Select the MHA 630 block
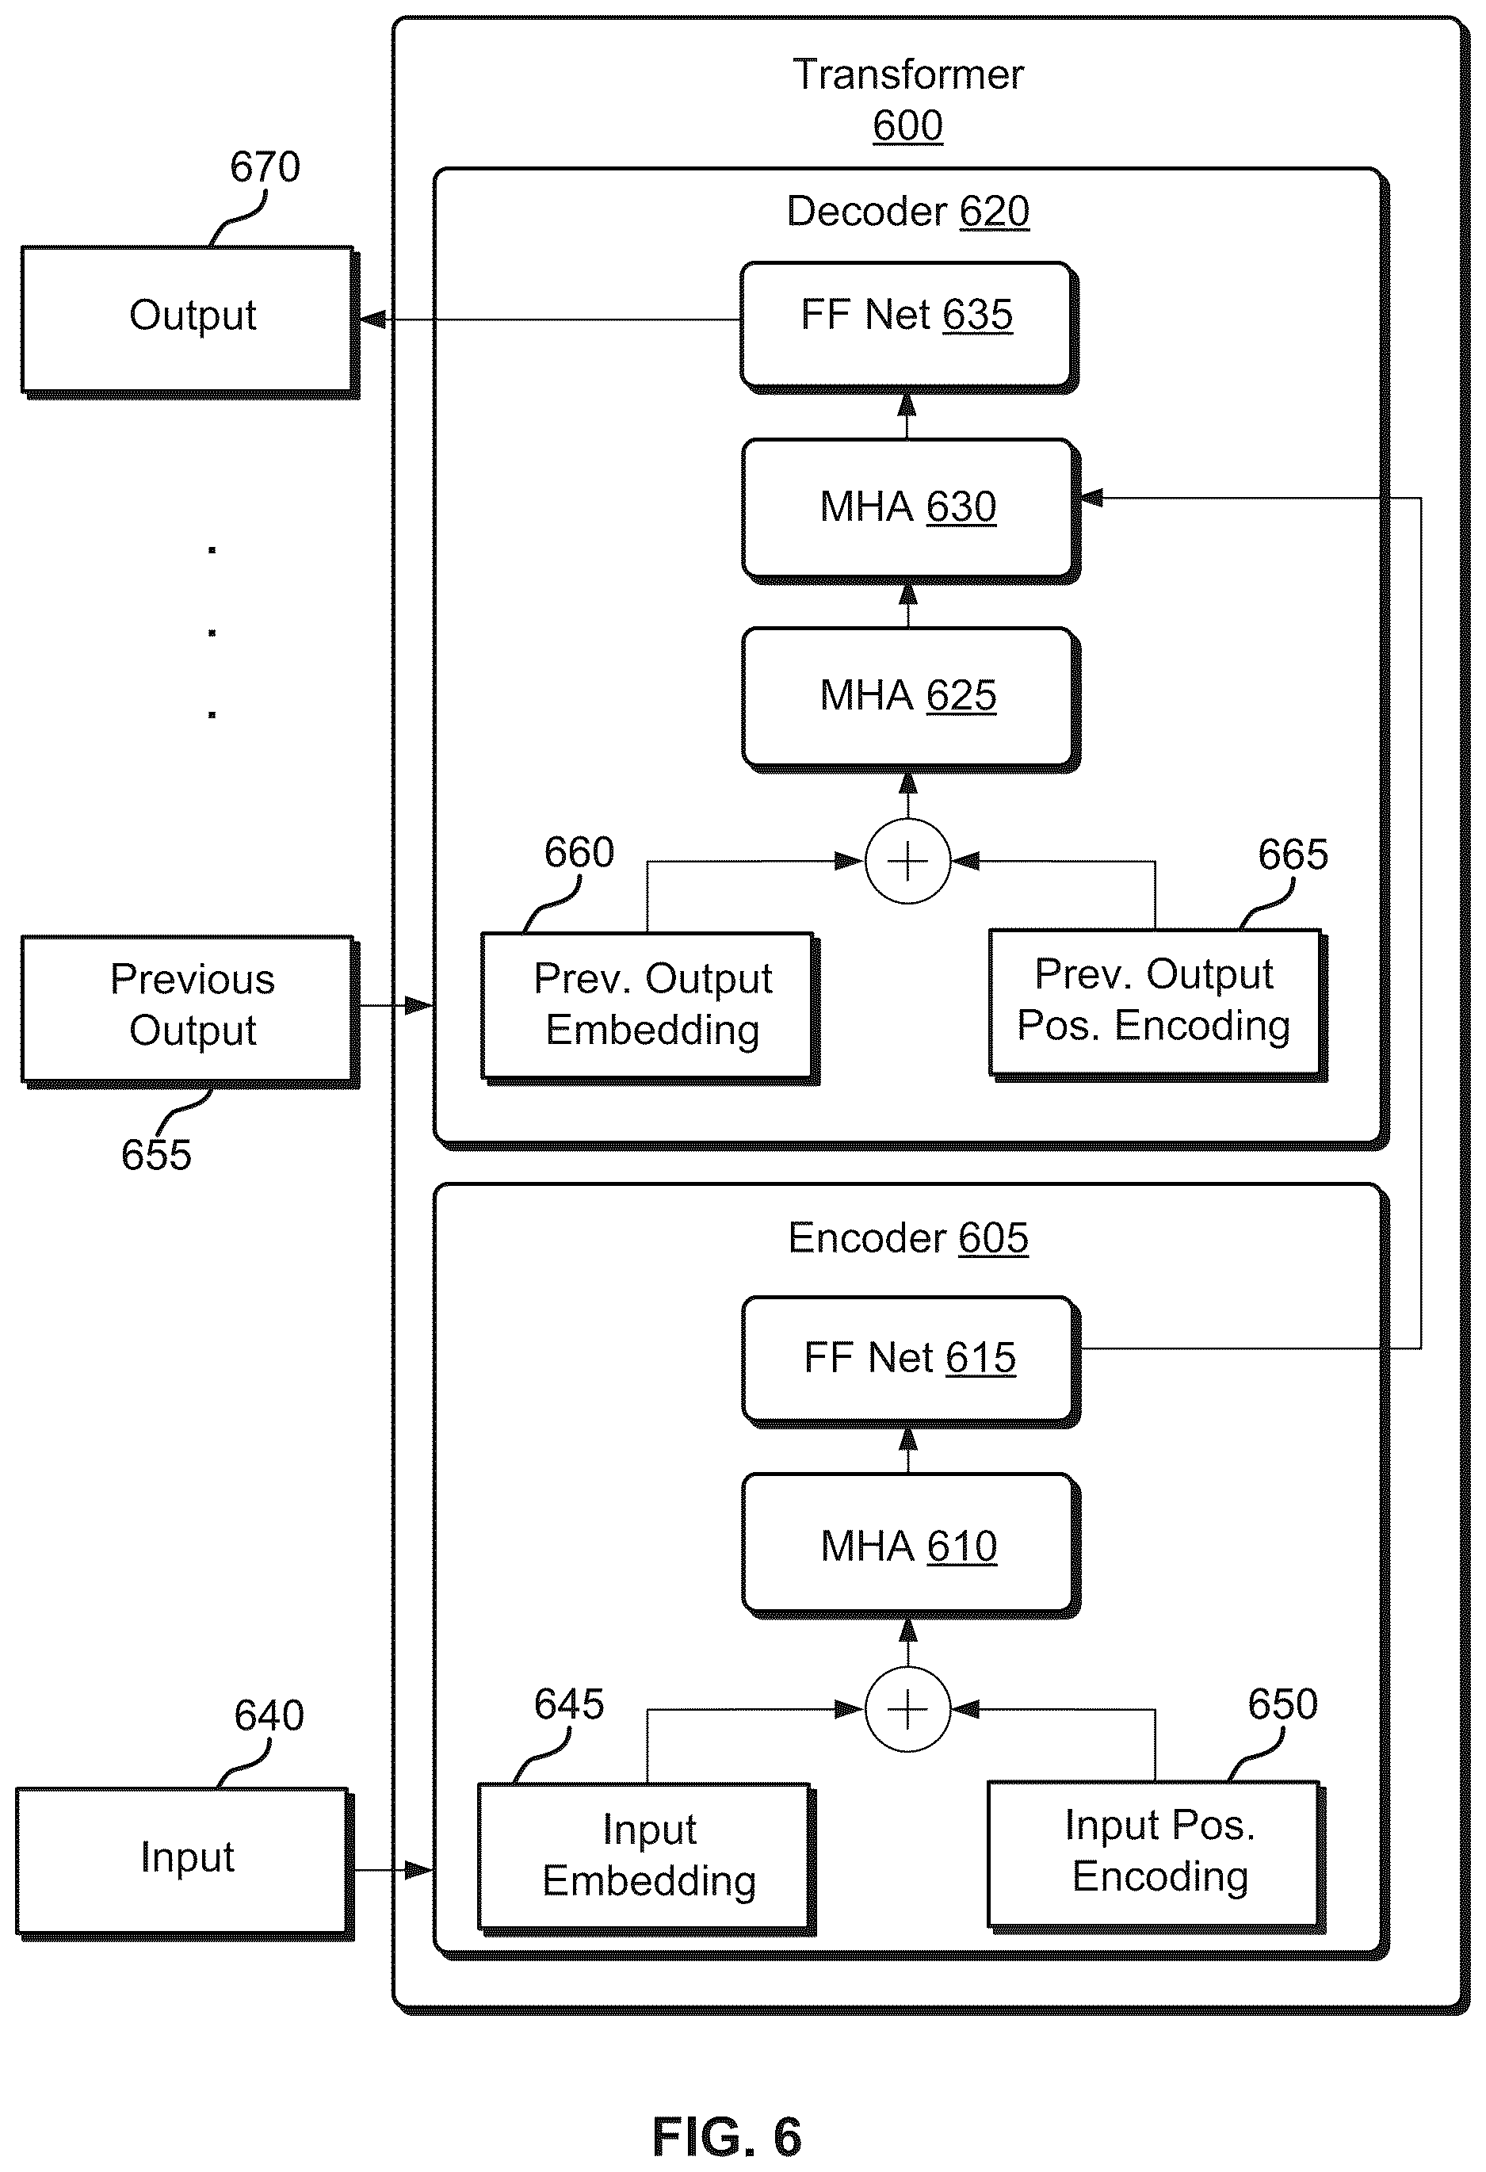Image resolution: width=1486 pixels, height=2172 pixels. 911,511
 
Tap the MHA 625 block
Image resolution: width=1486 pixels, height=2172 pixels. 911,700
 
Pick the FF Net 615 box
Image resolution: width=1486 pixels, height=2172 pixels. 911,1362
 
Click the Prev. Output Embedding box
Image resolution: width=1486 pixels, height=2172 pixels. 651,1008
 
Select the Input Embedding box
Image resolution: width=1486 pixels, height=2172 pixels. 647,1859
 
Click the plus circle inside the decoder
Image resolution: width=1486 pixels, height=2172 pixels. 907,861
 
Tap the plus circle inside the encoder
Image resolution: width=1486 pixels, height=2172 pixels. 907,1709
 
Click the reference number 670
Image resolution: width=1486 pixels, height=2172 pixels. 265,167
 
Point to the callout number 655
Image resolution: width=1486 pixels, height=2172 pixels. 156,1155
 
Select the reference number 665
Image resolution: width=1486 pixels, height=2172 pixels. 1293,855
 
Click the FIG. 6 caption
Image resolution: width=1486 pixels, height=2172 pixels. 727,2136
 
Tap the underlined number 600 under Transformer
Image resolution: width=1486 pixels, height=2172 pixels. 907,125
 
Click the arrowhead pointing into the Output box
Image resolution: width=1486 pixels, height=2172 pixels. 372,319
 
